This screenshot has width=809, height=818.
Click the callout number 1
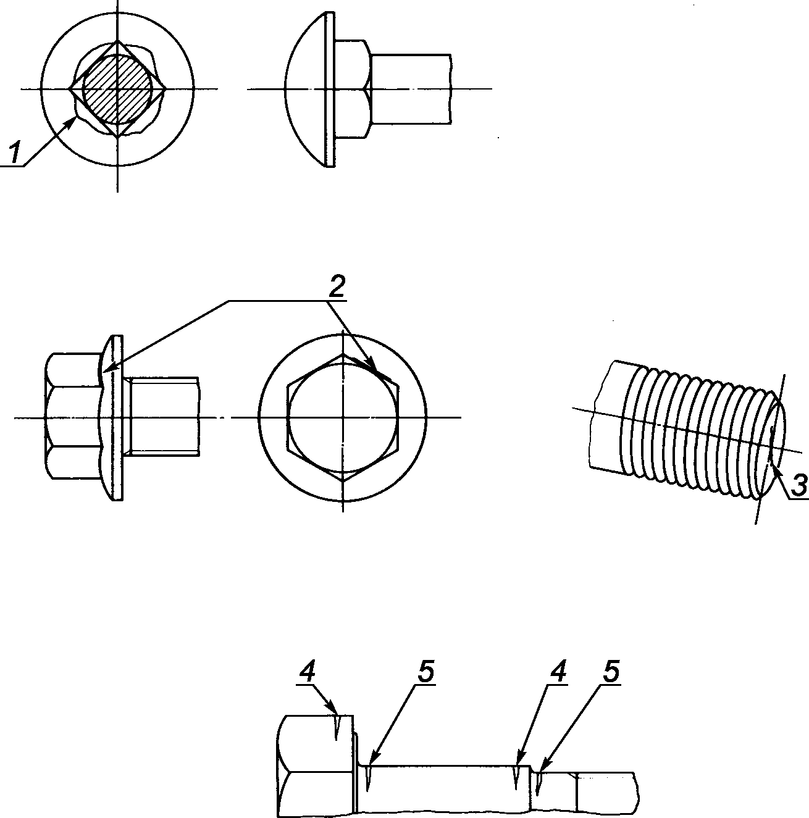point(15,153)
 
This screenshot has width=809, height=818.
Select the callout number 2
point(336,287)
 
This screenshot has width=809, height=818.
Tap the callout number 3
point(799,486)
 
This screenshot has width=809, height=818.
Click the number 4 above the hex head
point(308,672)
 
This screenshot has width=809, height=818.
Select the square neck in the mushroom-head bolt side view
point(353,89)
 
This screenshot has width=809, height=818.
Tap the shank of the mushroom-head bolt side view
point(411,89)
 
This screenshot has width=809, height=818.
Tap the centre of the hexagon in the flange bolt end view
point(343,417)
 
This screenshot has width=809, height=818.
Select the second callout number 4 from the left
point(558,672)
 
